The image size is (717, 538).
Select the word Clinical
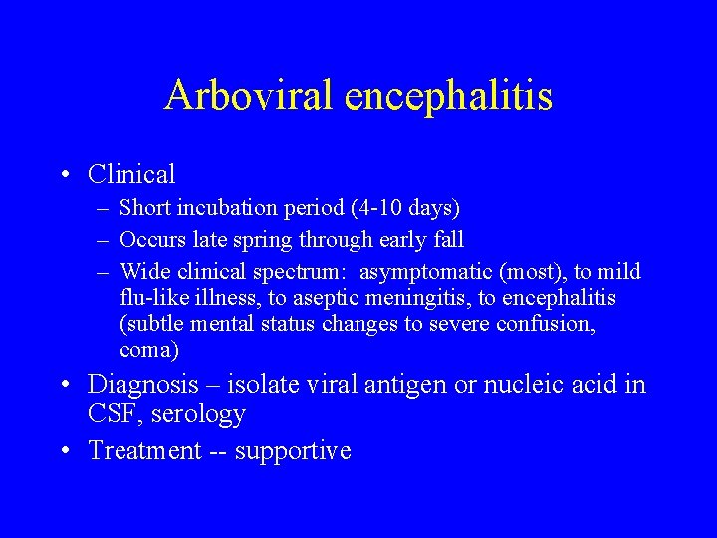click(131, 175)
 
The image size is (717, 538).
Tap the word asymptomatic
click(422, 272)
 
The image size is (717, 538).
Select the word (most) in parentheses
click(521, 272)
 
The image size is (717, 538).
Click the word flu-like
click(152, 298)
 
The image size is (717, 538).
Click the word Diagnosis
click(143, 385)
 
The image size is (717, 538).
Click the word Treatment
click(144, 450)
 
